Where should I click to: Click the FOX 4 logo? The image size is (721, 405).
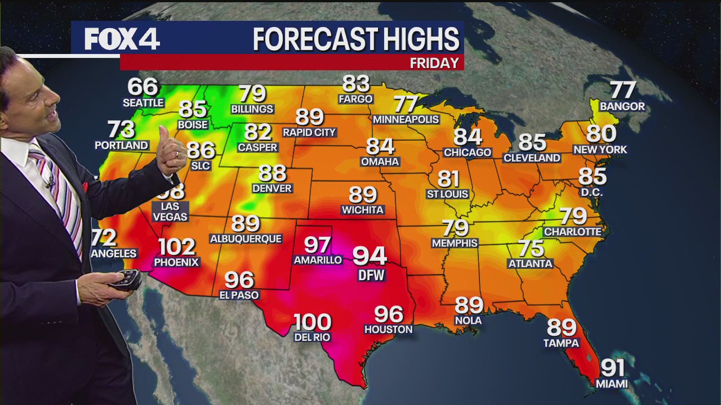tap(122, 39)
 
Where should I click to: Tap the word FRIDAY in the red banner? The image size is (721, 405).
tap(434, 63)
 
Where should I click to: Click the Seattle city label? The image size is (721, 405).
tap(144, 103)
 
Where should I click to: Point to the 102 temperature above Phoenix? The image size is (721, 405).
tap(176, 247)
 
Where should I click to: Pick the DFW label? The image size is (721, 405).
tap(371, 275)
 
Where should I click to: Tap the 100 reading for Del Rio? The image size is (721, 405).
tap(312, 323)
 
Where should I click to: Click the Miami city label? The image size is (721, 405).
tap(612, 384)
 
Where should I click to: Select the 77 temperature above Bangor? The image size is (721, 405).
tap(623, 90)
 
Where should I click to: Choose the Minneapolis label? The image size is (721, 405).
tap(406, 120)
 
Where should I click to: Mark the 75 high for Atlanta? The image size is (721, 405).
tap(531, 248)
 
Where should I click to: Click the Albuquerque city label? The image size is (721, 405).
tap(246, 239)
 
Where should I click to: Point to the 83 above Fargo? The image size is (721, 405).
tap(355, 84)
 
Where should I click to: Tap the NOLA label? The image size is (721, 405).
tap(469, 321)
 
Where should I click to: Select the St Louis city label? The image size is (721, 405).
tap(448, 195)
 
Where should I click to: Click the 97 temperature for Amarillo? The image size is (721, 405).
tap(317, 245)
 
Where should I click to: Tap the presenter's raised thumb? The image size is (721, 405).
tap(164, 137)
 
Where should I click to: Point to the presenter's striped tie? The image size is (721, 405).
tap(62, 191)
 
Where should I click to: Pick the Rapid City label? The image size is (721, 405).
tap(309, 133)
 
